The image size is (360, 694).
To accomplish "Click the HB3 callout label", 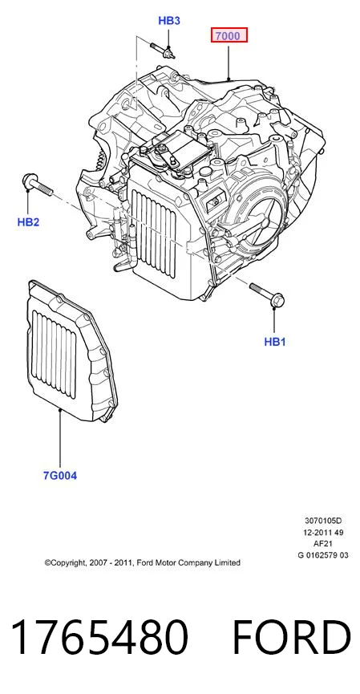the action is pos(169,21).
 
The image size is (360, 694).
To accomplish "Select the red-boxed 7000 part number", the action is pos(229,35).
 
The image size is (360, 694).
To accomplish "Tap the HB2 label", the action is pos(28,221).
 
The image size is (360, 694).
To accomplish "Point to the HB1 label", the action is pos(275,342).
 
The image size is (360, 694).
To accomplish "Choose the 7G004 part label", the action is pos(59,476).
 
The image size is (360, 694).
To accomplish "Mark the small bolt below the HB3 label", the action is pos(163,50).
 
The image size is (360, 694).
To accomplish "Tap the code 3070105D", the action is pos(323,521).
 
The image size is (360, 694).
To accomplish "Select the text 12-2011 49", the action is pos(323,532).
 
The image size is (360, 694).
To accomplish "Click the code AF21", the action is pos(323,543).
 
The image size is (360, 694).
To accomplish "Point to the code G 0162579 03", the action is pos(323,555).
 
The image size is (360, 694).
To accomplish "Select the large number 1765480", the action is pos(100,637).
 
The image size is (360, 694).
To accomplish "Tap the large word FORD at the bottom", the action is pos(292,637).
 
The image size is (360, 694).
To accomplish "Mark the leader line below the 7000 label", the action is pos(229,61).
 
